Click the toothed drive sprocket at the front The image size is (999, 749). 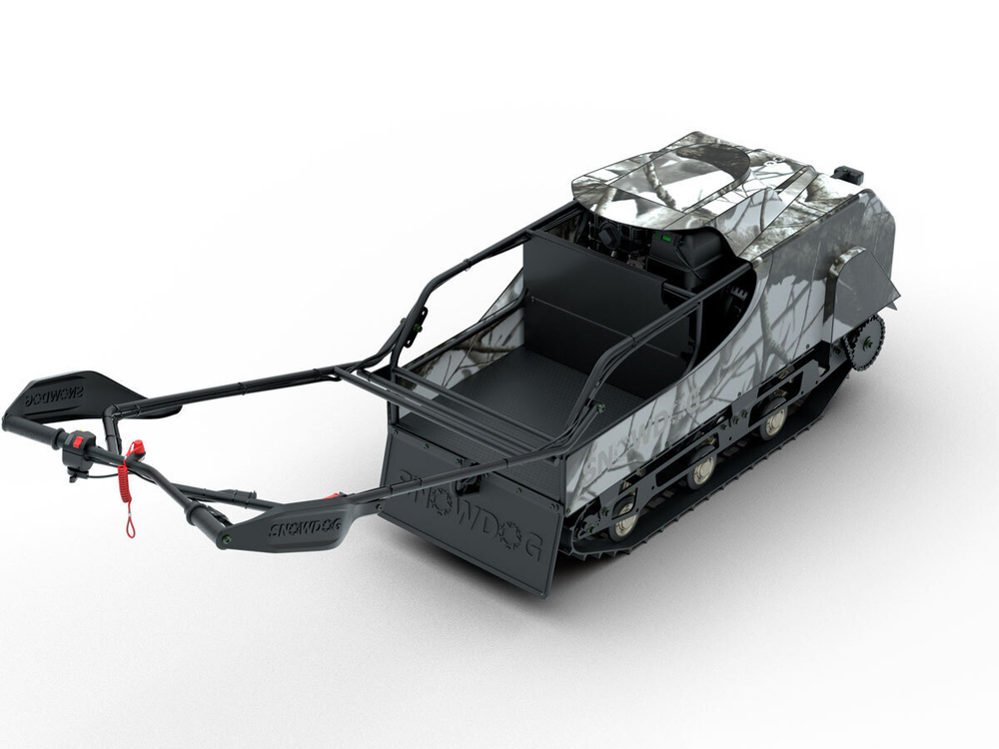[865, 343]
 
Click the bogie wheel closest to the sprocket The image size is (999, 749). [774, 420]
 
